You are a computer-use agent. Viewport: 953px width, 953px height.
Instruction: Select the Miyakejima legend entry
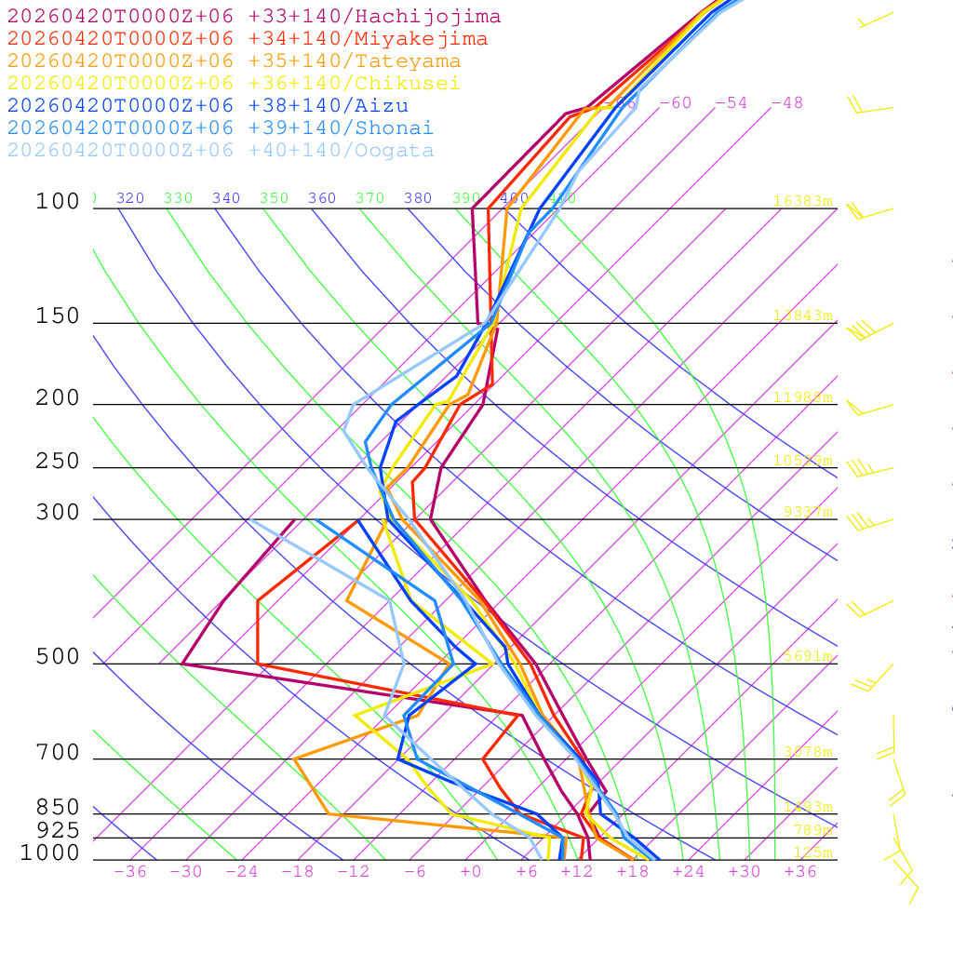248,39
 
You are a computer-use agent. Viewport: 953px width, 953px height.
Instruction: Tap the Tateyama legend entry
234,61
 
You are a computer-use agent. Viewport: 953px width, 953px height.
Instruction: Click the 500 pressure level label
58,658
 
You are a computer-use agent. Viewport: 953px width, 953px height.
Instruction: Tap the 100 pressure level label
58,202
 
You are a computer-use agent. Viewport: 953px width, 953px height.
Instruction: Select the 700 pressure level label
58,753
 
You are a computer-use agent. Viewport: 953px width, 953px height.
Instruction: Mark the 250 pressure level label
58,462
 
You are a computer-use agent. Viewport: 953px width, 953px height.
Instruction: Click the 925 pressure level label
58,830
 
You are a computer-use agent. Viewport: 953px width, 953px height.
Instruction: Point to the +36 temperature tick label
800,872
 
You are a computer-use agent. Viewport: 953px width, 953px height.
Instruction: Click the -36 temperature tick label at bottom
130,872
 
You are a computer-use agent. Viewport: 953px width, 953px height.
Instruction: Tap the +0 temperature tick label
471,872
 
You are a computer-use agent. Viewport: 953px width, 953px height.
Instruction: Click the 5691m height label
807,656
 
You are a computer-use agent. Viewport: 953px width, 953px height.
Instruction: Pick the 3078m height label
807,752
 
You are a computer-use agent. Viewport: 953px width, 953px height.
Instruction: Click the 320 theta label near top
130,198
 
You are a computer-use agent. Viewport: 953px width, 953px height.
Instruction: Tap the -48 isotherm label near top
786,103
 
